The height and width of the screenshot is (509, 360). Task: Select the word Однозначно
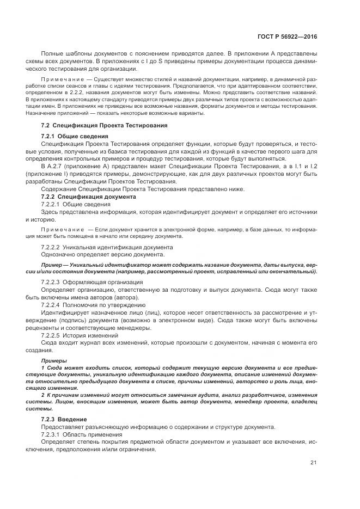pos(59,255)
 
